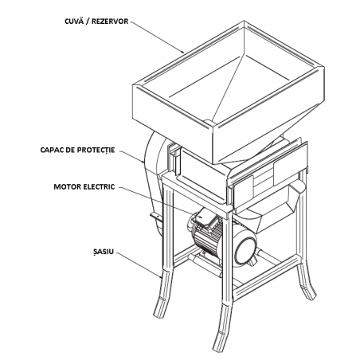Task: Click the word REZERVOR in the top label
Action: [x=110, y=22]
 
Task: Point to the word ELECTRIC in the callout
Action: [x=99, y=186]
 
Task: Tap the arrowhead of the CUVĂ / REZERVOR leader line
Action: [x=182, y=52]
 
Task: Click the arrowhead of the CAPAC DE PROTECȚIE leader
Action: [x=143, y=161]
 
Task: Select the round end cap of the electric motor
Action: [x=245, y=248]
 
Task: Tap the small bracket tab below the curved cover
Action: [x=156, y=217]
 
